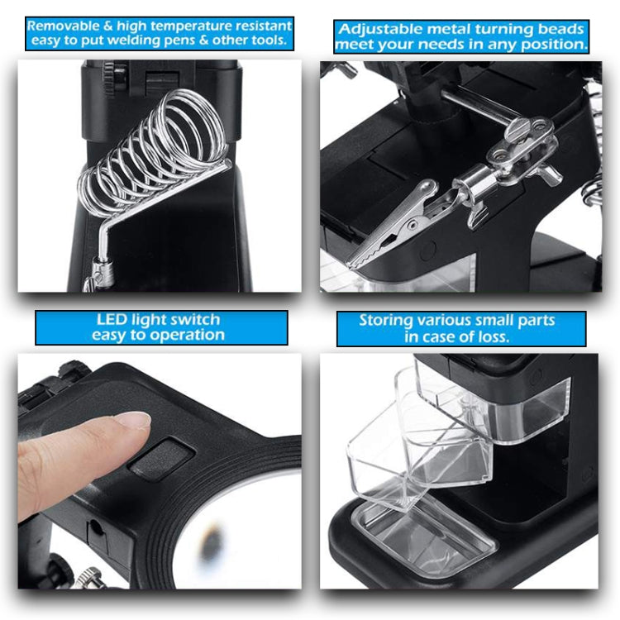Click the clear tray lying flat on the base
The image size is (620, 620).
tap(422, 537)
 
